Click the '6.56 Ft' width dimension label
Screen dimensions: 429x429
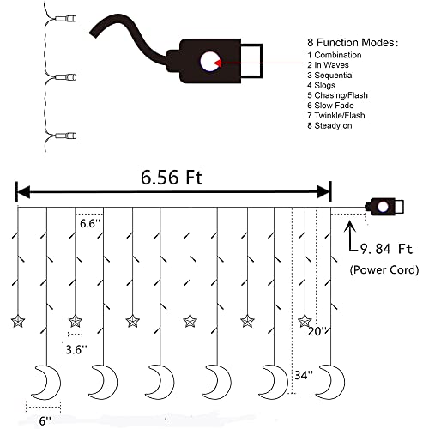[x=172, y=178]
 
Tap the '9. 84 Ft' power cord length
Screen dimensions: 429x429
[x=386, y=249]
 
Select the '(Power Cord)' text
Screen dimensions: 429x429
[x=384, y=269]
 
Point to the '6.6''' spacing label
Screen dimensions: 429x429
[x=90, y=223]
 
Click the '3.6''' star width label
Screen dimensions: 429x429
[x=76, y=349]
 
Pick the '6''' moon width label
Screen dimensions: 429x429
[x=45, y=421]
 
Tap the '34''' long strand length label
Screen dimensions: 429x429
[x=304, y=375]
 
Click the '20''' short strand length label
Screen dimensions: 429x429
[x=317, y=331]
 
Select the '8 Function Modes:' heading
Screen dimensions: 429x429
[x=353, y=43]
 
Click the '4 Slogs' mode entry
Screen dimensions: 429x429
[x=321, y=85]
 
